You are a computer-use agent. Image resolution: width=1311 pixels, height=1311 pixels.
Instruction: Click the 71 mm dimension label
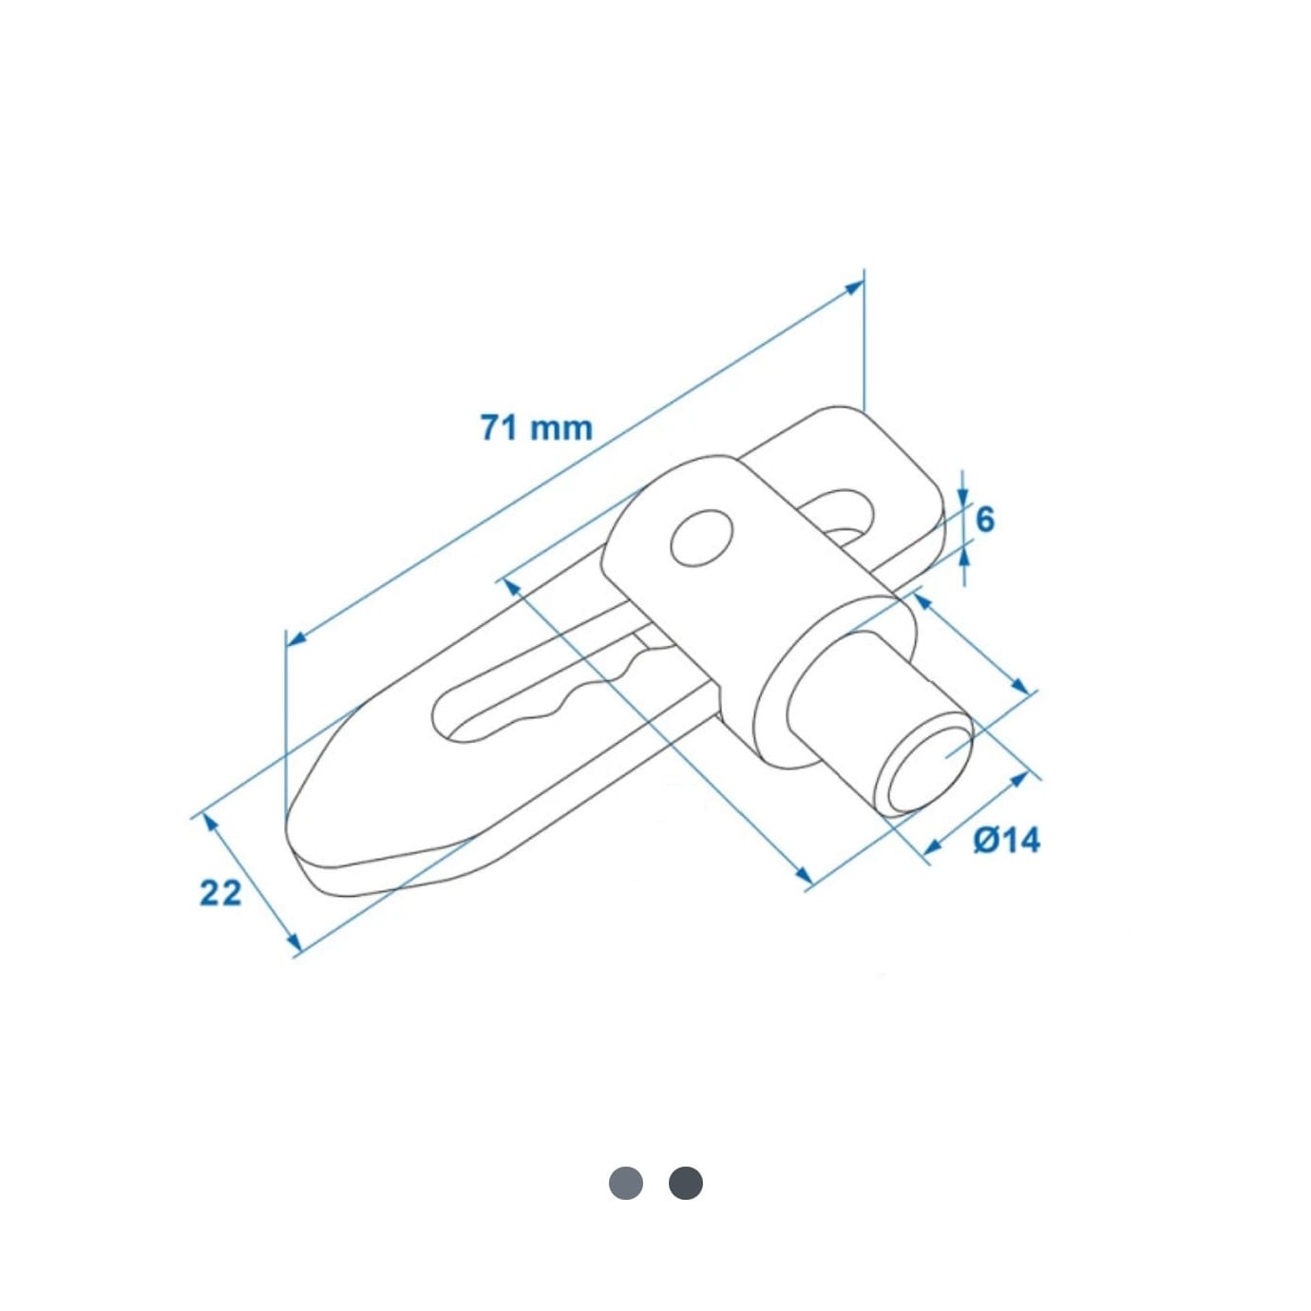coord(536,427)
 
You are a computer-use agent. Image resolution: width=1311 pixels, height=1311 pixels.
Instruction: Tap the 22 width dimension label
coord(220,892)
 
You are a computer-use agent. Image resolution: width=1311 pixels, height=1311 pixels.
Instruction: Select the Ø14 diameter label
coord(1007,840)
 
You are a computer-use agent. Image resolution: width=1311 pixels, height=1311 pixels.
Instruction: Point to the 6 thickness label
coord(985,520)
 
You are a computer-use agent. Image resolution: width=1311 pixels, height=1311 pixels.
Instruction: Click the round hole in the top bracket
coord(702,538)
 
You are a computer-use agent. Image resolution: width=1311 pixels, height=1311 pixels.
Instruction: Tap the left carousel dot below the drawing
coord(626,1183)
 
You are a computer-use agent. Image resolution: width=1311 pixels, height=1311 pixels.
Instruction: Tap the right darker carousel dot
coord(686,1183)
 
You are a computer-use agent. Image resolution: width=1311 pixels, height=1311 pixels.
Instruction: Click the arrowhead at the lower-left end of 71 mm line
coord(295,639)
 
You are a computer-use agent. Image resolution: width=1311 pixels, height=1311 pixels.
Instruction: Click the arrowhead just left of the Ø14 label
coord(932,845)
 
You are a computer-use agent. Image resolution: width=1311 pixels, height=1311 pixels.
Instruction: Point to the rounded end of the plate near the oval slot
coord(912,465)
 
